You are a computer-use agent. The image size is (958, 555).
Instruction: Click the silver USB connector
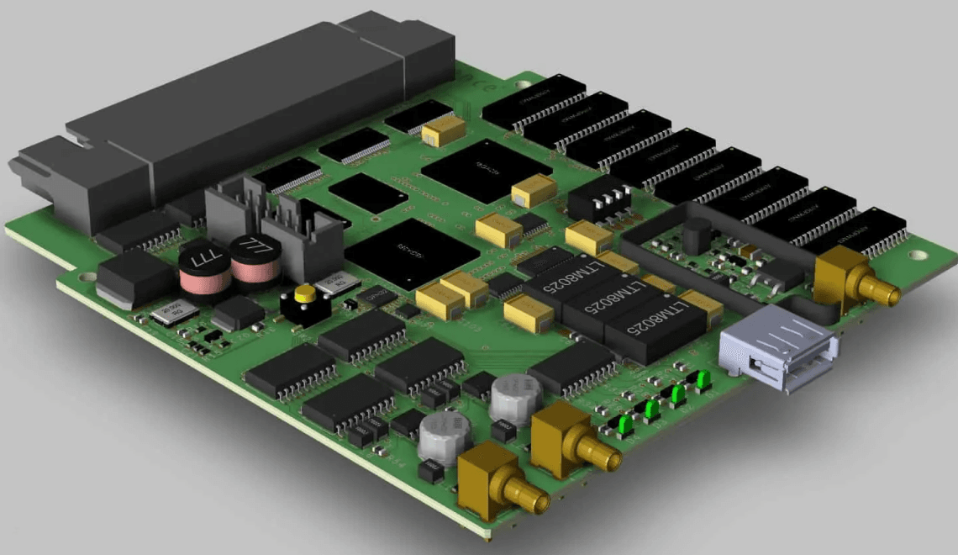tap(778, 349)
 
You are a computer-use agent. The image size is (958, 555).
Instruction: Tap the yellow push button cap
tap(304, 294)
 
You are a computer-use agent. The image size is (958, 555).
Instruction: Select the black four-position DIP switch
tap(598, 198)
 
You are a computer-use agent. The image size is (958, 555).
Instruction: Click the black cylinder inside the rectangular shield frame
tap(695, 234)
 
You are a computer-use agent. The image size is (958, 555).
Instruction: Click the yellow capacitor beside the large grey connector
tap(444, 129)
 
